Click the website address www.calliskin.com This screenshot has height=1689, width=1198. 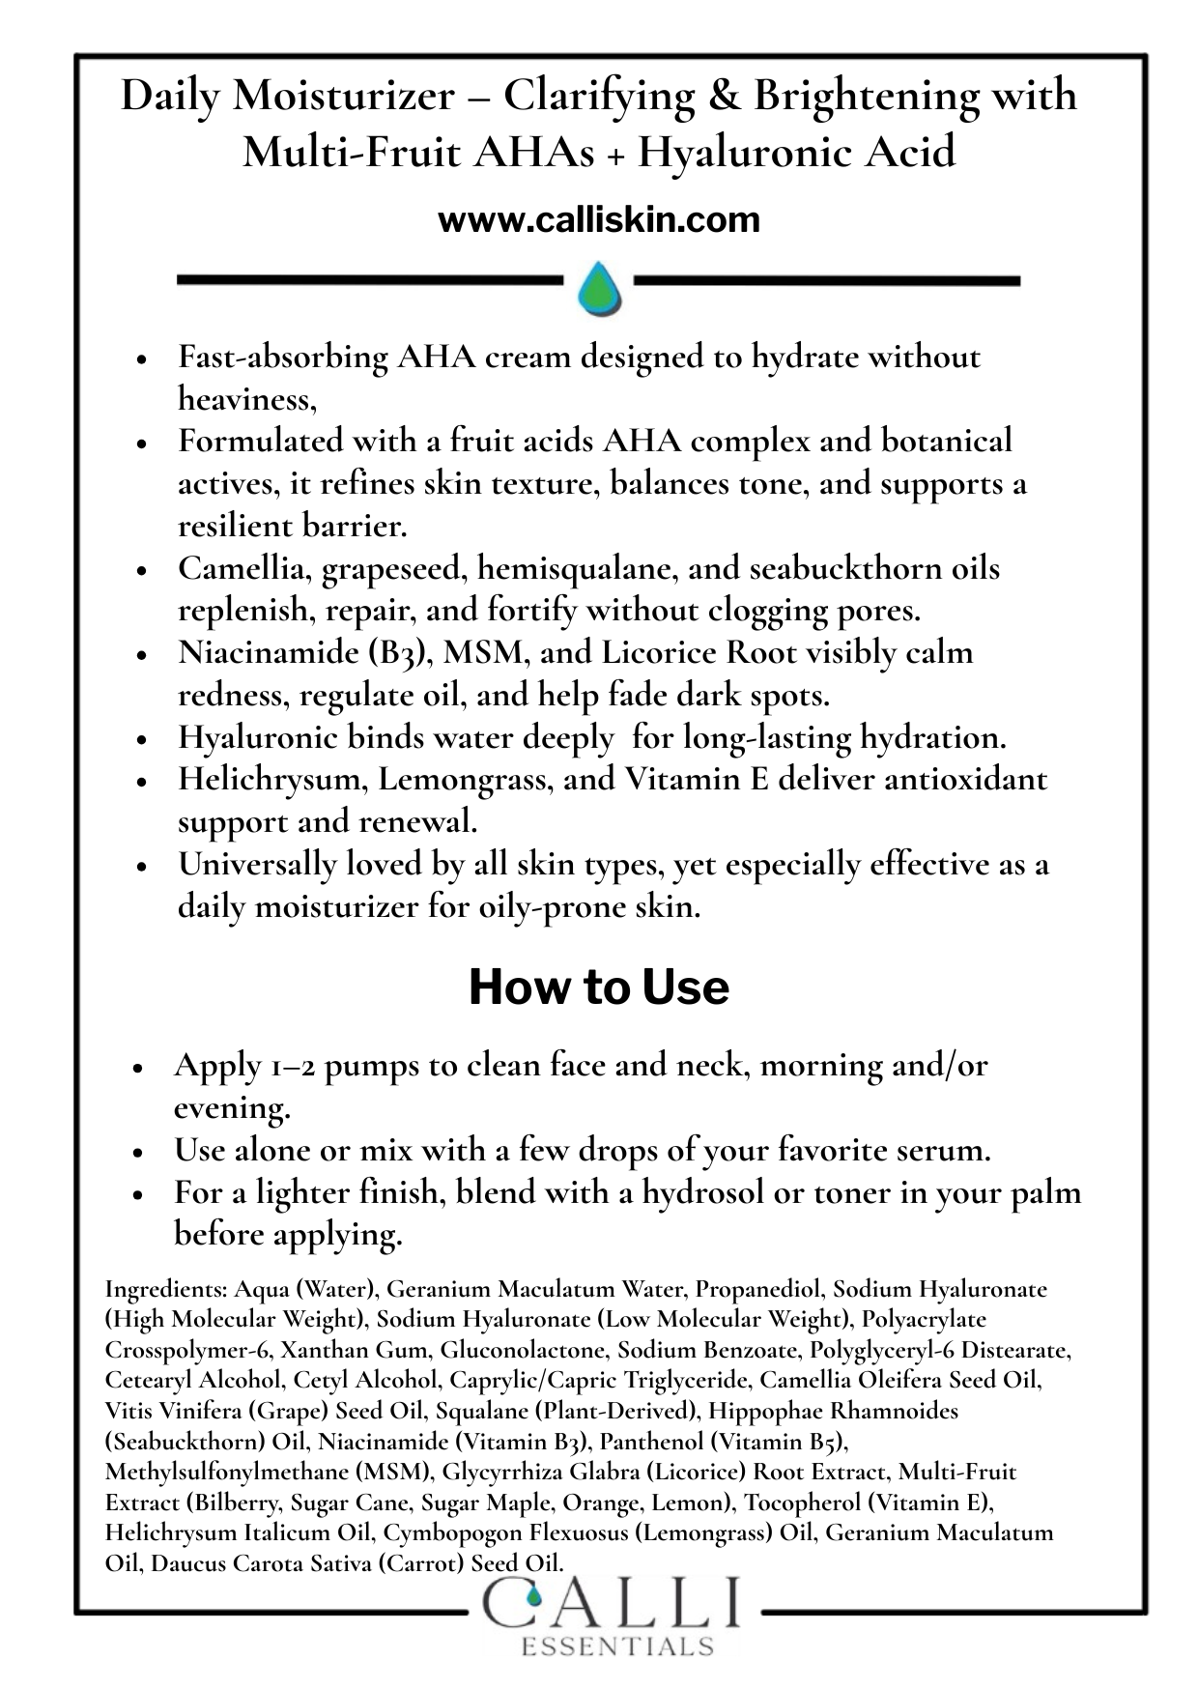[599, 220]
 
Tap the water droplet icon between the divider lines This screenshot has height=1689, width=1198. [599, 288]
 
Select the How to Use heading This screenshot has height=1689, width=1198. [599, 988]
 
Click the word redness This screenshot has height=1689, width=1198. [233, 696]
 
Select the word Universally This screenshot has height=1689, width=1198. [258, 864]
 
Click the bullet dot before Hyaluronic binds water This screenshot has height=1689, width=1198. [141, 740]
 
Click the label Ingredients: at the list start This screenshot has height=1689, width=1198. [165, 1289]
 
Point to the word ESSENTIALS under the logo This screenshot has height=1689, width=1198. [617, 1646]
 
